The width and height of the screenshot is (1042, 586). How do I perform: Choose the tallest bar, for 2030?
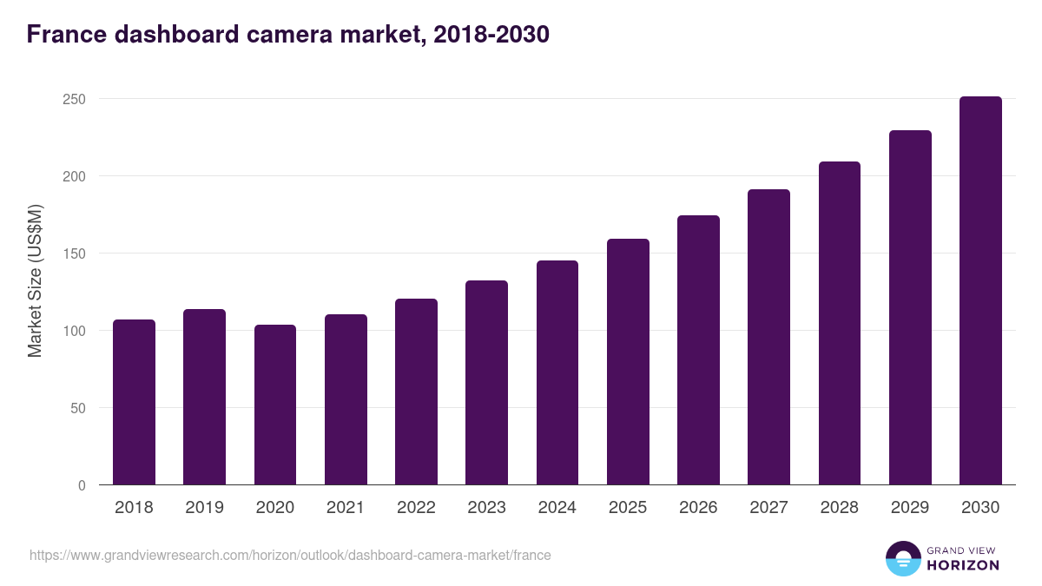click(x=980, y=291)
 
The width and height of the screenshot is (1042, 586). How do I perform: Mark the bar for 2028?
click(x=840, y=323)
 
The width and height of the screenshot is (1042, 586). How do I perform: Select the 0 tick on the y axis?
click(x=82, y=485)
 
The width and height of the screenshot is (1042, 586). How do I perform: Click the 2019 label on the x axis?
click(x=204, y=508)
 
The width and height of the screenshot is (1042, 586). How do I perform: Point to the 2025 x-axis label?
click(x=628, y=508)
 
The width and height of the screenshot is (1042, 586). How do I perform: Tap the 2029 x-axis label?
click(x=910, y=508)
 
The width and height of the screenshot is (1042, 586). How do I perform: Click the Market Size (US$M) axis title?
click(x=35, y=280)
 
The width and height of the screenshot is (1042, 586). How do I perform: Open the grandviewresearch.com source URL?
click(x=290, y=555)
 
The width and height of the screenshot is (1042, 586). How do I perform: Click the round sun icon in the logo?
click(x=902, y=559)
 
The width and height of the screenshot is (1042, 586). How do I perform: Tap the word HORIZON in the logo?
click(x=963, y=565)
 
